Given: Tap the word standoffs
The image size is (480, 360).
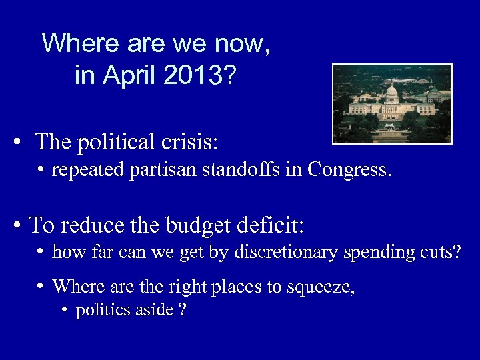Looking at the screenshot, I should [x=239, y=170].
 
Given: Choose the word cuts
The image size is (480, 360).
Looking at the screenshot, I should [x=441, y=253].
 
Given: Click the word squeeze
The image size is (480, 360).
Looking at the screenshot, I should [x=320, y=287].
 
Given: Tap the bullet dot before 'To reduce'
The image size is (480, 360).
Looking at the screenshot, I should [x=18, y=225].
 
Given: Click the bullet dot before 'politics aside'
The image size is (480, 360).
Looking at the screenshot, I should [x=64, y=311].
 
